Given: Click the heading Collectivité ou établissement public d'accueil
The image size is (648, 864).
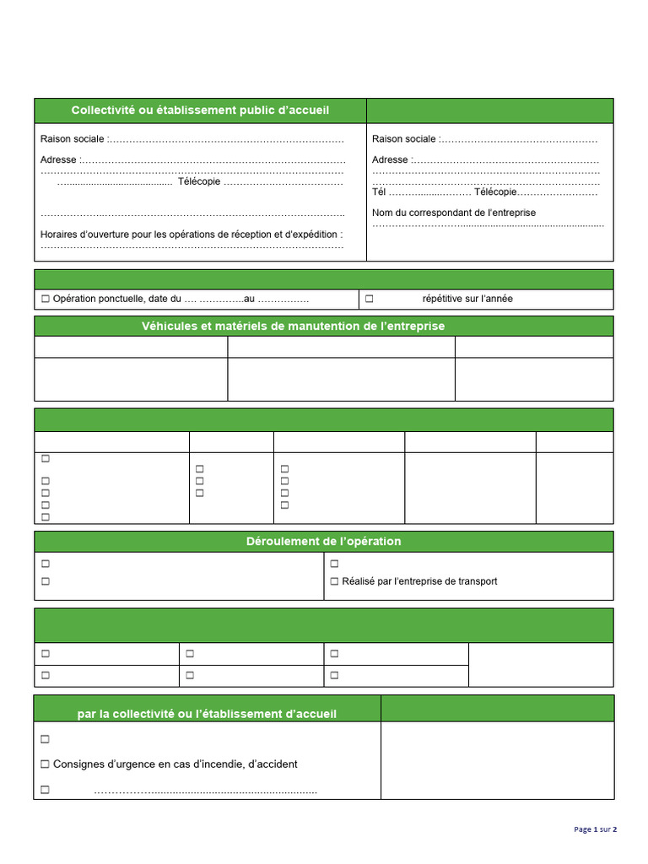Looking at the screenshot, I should (200, 111).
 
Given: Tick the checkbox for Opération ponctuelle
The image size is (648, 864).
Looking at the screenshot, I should (46, 299).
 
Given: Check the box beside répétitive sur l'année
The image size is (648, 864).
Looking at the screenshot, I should (370, 299).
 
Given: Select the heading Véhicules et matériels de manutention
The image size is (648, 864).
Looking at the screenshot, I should (293, 326).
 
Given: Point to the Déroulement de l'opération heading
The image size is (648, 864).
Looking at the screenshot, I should (323, 541).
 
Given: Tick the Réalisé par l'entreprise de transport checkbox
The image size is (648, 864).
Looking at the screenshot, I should (334, 581).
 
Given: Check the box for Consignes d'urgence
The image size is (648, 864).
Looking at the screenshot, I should (46, 764).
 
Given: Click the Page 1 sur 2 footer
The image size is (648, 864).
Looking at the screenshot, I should (595, 829).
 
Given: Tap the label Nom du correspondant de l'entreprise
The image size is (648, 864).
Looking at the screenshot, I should (453, 213).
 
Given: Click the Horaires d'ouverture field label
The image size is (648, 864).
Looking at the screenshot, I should (192, 234).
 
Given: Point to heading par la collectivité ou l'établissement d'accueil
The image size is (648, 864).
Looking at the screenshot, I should (207, 714).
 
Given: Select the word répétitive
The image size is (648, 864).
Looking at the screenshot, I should (442, 299).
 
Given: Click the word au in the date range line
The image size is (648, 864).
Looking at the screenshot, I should (249, 299).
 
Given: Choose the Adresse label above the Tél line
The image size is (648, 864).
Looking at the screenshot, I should (390, 159).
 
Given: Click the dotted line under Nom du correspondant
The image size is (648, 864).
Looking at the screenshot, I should (488, 225).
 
